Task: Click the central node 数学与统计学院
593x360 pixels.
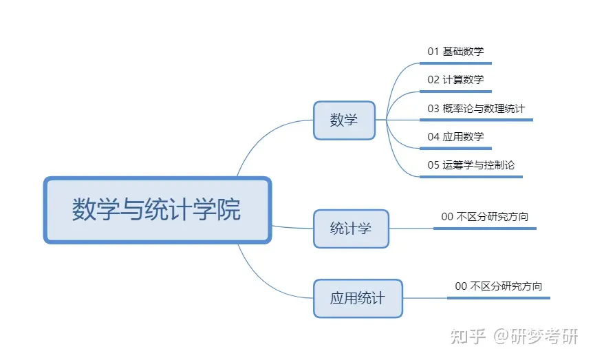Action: pos(158,210)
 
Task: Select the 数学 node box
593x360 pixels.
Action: pos(344,120)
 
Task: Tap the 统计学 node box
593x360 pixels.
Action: pos(351,229)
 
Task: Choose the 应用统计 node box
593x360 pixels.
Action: pos(357,298)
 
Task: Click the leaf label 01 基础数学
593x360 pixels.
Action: pos(455,51)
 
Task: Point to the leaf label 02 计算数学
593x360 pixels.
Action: pos(455,79)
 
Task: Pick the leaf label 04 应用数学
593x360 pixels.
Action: pos(455,136)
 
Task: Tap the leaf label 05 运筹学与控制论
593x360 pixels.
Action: pos(471,165)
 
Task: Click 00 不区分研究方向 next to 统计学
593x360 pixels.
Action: pos(485,216)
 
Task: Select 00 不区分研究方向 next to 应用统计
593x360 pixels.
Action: pos(499,286)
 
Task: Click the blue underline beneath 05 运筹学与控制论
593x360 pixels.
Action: pos(471,177)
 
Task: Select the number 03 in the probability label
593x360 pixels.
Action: pos(433,108)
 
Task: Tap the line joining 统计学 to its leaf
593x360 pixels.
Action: pos(411,228)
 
